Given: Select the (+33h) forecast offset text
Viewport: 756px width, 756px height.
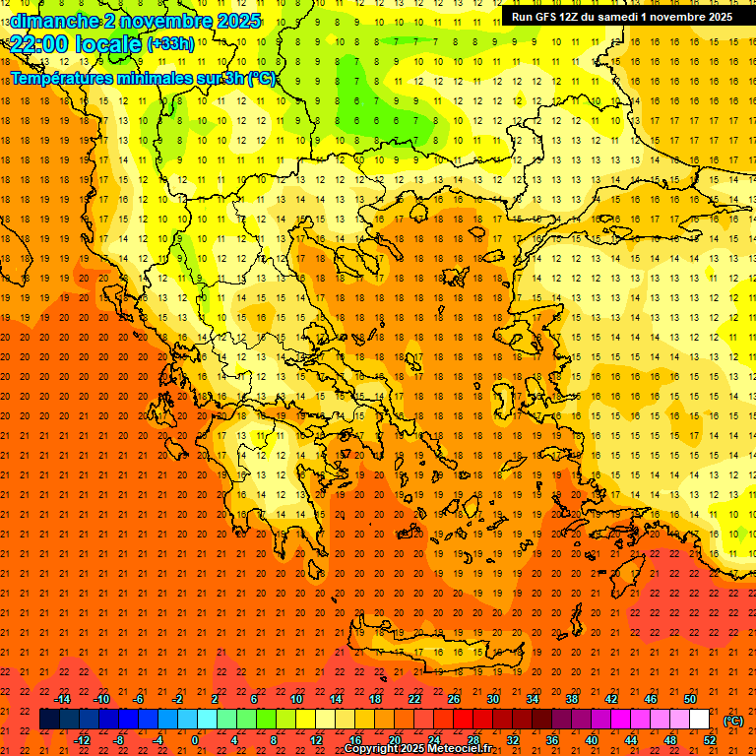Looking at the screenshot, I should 170,44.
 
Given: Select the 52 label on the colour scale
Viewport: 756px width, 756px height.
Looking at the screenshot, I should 709,740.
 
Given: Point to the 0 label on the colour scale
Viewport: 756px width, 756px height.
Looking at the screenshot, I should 195,740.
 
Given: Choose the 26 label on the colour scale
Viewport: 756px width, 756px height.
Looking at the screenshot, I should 454,699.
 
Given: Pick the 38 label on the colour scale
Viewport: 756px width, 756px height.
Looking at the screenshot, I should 572,699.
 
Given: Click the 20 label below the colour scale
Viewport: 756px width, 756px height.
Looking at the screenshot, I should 394,740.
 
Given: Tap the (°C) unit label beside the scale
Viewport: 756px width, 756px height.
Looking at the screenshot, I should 733,721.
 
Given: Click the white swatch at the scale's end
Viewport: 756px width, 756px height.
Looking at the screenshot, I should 699,720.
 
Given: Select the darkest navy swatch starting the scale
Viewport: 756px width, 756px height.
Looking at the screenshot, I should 50,720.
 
